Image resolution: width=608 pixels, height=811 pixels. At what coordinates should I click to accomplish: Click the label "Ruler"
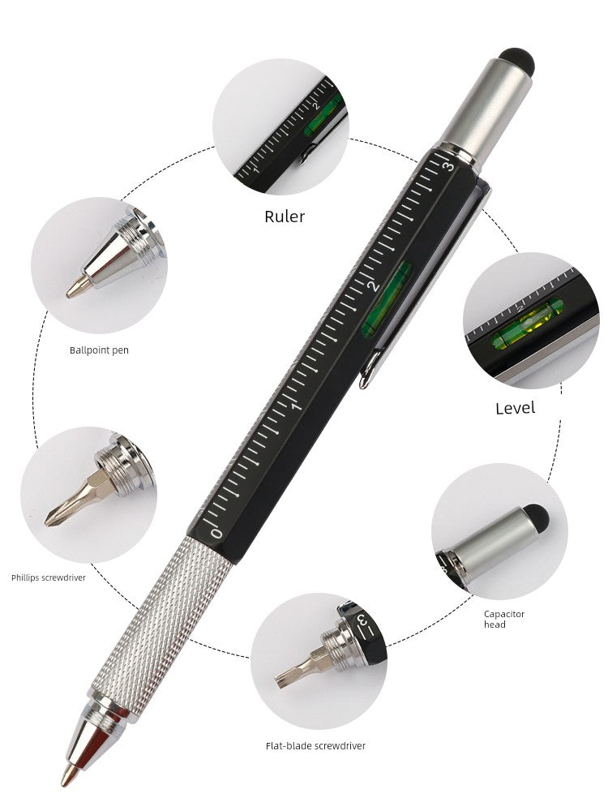point(285,217)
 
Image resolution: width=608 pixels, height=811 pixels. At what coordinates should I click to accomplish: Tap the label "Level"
point(515,408)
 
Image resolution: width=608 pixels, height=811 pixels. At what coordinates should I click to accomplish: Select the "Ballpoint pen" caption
point(99,350)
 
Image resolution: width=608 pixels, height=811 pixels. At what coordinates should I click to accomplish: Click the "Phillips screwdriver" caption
point(49,577)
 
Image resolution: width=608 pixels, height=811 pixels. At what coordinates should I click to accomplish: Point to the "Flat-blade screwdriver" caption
point(315,746)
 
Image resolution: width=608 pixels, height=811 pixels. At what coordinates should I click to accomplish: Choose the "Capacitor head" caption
point(504,619)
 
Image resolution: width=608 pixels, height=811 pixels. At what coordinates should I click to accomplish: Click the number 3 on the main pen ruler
point(447,165)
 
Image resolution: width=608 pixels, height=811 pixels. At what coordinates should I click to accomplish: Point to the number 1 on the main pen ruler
point(296,406)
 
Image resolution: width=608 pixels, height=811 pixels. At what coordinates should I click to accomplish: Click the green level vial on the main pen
point(387,299)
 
